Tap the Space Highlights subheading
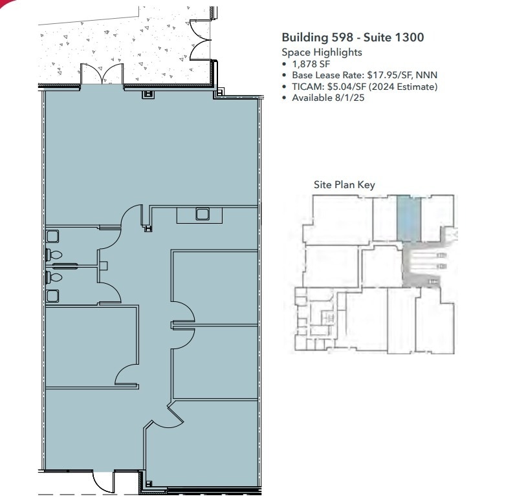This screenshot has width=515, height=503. point(322,52)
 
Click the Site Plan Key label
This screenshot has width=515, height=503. point(344,185)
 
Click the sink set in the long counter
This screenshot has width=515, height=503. point(203,214)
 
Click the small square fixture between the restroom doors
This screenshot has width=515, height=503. point(104,265)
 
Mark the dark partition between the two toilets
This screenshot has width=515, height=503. point(65,265)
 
